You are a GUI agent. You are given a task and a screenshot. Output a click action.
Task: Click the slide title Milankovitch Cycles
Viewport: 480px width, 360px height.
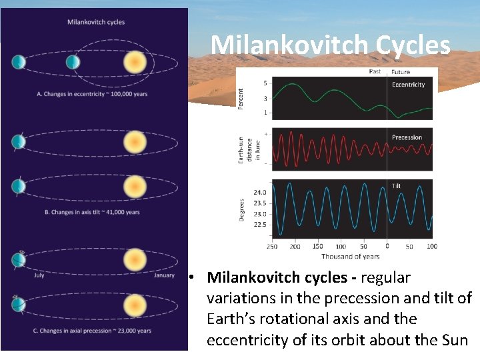click(x=330, y=45)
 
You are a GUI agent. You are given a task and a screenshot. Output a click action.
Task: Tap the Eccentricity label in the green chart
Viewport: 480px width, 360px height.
click(x=408, y=85)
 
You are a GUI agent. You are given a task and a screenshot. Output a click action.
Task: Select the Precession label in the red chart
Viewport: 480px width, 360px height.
click(x=407, y=137)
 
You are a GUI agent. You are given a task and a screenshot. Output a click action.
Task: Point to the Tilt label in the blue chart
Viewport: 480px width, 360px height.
click(x=396, y=186)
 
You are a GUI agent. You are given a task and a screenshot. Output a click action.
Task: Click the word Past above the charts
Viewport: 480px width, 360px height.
click(x=375, y=71)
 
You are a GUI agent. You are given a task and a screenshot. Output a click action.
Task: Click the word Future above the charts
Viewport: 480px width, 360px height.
click(x=401, y=71)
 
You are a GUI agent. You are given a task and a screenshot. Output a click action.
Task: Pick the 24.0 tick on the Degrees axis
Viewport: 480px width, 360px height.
click(x=259, y=192)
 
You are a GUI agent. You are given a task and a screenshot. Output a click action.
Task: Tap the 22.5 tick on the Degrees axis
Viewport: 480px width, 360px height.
click(x=259, y=225)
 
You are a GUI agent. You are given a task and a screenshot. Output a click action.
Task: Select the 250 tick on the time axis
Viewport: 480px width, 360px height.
click(x=272, y=247)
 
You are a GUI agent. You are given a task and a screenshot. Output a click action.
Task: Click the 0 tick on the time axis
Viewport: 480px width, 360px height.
click(x=387, y=247)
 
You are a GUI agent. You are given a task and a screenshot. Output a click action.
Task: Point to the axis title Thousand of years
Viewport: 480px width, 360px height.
click(x=350, y=257)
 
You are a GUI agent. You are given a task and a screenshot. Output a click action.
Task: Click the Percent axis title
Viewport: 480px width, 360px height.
click(x=241, y=99)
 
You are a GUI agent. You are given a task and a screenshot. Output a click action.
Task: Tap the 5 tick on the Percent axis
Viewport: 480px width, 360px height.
click(x=265, y=83)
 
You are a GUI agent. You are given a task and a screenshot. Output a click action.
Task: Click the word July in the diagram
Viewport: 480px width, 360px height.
click(x=39, y=275)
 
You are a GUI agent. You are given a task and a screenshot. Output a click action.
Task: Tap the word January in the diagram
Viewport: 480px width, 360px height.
click(x=164, y=275)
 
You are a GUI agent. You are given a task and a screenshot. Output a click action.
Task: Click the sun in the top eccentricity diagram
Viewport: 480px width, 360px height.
click(x=135, y=63)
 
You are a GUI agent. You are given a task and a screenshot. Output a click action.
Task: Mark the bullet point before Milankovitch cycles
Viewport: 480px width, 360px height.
click(x=191, y=277)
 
